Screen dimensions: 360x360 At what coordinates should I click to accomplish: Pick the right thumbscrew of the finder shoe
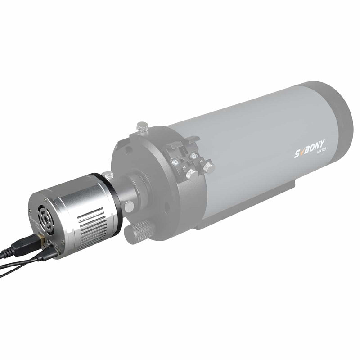click(x=208, y=167)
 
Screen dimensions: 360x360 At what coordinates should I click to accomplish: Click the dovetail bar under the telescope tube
click(x=252, y=211)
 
